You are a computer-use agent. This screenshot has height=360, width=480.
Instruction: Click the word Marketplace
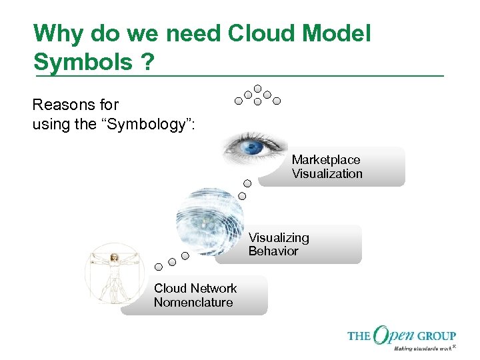[326, 160]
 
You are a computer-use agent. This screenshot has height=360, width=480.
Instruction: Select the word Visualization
[327, 174]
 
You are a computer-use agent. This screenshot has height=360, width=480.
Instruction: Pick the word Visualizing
[279, 237]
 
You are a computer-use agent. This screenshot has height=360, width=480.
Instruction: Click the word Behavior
[273, 251]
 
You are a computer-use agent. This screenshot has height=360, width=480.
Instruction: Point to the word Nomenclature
[193, 303]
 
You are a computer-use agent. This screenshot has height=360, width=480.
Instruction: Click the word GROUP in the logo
[438, 336]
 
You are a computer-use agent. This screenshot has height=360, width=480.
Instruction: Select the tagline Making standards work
[421, 348]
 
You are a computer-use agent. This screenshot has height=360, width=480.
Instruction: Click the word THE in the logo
[359, 336]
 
